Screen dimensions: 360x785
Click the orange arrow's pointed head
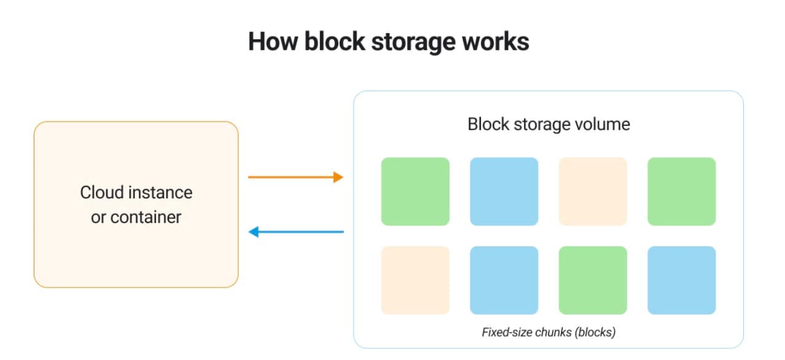point(338,178)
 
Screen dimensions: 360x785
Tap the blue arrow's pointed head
point(253,232)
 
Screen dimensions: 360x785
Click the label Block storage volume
point(549,124)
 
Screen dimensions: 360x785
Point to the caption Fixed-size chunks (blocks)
point(549,332)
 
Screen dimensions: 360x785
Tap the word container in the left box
point(146,217)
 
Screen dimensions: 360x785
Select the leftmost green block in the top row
point(415,191)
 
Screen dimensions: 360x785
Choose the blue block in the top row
point(504,191)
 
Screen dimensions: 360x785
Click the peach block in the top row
point(593,191)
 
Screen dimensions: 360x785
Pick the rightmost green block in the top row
point(681,191)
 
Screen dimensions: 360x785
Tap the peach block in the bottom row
point(415,280)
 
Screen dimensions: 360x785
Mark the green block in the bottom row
point(593,280)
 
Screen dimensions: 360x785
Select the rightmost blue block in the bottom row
point(681,280)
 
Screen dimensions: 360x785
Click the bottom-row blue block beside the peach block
point(504,280)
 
